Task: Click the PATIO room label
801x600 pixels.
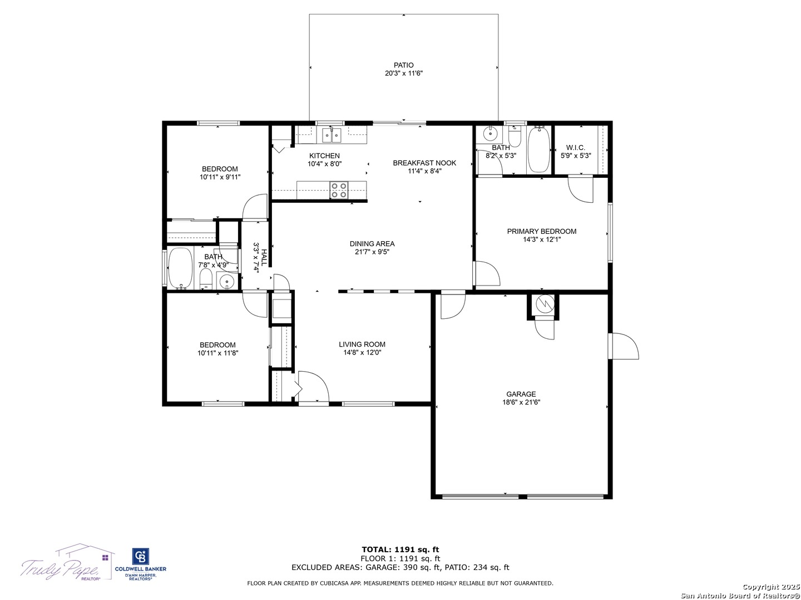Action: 403,65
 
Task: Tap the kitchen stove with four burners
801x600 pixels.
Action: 338,190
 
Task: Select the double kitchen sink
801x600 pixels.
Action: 331,135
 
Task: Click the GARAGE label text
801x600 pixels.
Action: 521,394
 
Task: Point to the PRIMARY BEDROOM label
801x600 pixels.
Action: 542,231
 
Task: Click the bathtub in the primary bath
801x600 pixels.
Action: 538,149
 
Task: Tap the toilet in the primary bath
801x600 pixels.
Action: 515,136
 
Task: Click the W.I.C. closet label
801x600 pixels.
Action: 576,148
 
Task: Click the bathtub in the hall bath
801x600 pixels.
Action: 180,268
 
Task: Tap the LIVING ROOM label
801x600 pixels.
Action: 362,344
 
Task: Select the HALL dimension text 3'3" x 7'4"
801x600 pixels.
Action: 256,258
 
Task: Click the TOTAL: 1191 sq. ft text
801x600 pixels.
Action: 400,549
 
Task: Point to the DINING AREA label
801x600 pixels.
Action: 372,243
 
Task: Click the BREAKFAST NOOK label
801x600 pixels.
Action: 424,163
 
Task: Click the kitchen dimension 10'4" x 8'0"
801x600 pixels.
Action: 324,164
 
